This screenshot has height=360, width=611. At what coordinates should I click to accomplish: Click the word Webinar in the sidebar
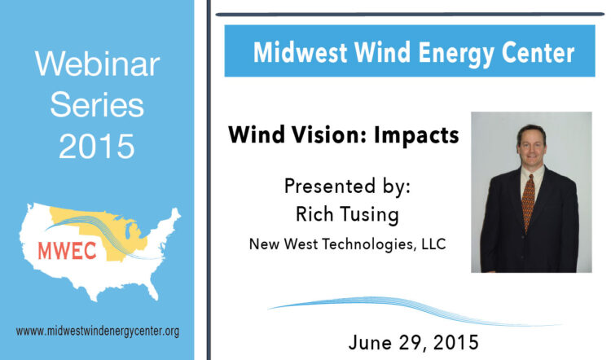pos(98,64)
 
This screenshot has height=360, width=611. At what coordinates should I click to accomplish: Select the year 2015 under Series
pos(97,146)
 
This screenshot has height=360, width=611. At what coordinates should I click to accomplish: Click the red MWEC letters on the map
pos(67,251)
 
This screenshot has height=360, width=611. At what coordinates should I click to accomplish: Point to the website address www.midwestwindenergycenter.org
pos(98,331)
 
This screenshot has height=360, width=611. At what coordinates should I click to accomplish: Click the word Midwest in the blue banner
pos(300,52)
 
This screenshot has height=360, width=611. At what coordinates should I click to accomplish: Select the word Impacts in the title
pos(416,136)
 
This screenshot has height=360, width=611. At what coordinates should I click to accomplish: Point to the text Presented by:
pos(347,187)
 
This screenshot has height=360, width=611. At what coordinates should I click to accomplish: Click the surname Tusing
pos(370,215)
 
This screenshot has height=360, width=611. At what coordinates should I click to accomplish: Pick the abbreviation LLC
pos(433,244)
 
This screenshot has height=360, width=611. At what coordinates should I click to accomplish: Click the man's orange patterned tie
pos(529,203)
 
